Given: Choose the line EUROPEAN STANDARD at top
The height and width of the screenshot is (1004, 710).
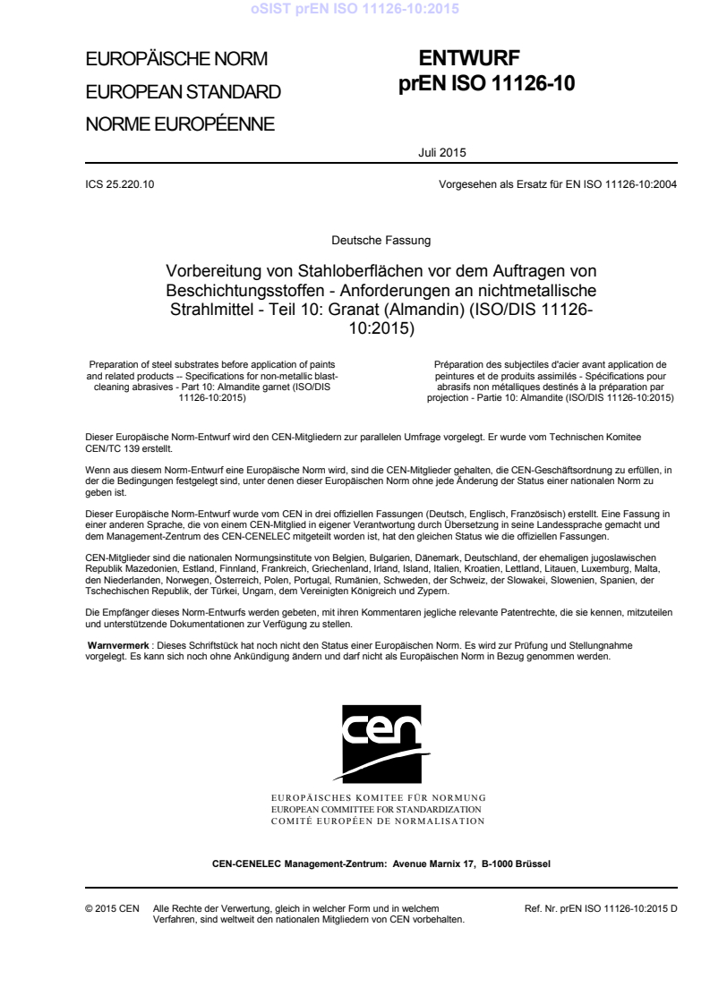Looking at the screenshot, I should click(x=183, y=91).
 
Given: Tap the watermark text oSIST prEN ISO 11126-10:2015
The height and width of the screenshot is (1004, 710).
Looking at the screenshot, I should click(x=355, y=10).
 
